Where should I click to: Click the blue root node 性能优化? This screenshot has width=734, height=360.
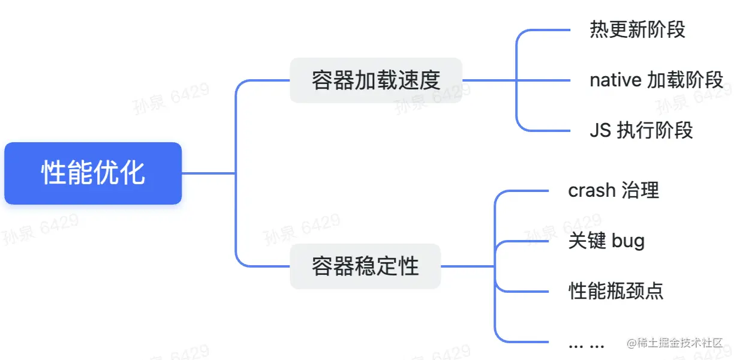(93, 173)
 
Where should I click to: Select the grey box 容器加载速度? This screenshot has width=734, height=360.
(376, 80)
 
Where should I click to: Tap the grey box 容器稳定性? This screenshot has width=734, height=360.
(365, 266)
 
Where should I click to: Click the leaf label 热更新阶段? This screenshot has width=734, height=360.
(637, 29)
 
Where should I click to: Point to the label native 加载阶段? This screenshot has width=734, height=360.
(656, 80)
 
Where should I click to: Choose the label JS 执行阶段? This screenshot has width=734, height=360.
(641, 130)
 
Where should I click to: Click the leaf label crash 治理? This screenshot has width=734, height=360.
(613, 190)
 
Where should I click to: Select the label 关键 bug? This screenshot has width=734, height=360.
(606, 241)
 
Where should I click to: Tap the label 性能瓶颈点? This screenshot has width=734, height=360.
(616, 292)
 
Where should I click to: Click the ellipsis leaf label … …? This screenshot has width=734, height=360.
(586, 344)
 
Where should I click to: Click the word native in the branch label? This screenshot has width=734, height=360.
(615, 80)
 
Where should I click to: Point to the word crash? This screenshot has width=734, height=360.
(592, 190)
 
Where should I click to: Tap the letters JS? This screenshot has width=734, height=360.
(600, 130)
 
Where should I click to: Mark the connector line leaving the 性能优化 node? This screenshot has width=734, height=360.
(207, 173)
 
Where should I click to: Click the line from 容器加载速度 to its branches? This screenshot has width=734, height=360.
(489, 80)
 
